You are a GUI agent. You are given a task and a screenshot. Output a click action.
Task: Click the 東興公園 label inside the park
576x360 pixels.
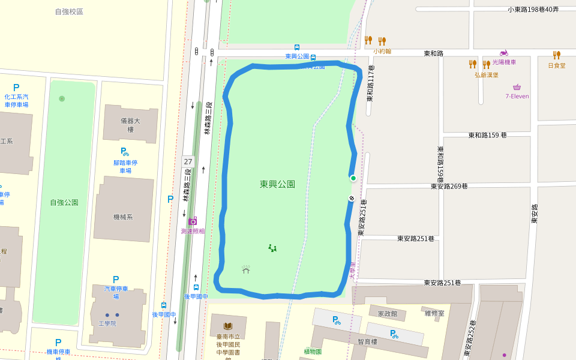(x=277, y=184)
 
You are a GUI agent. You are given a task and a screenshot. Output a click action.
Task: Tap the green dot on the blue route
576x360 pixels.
(x=353, y=178)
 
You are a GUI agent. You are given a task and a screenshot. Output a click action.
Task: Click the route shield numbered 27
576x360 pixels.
(x=188, y=161)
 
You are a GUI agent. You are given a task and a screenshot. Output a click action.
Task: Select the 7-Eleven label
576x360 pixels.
(x=517, y=96)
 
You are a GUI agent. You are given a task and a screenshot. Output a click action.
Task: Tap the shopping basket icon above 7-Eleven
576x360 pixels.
(x=517, y=87)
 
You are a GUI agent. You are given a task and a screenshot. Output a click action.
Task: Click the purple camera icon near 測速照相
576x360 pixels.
(x=193, y=221)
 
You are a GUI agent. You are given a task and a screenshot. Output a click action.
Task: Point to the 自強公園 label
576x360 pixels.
(x=64, y=202)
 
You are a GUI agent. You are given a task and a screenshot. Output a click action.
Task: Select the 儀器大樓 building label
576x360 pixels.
(x=130, y=125)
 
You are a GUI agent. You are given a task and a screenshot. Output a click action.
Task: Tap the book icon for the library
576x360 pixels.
(x=228, y=326)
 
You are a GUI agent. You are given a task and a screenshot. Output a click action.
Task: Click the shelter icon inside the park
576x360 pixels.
(x=246, y=269)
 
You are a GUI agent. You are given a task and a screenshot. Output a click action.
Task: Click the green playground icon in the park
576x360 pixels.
(x=272, y=248)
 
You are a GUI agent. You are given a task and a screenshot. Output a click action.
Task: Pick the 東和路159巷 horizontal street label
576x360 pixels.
(x=487, y=135)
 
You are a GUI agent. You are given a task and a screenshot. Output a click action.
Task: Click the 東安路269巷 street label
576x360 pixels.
(x=449, y=186)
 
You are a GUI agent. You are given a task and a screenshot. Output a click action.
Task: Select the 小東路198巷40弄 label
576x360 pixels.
(x=533, y=9)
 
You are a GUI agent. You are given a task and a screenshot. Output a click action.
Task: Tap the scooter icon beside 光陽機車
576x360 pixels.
(x=503, y=53)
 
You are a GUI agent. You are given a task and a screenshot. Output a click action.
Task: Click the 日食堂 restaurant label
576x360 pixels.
(x=556, y=65)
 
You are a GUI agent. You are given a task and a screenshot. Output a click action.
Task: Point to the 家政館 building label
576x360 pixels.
(x=387, y=313)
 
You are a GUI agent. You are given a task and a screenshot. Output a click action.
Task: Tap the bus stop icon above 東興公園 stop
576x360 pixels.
(x=297, y=47)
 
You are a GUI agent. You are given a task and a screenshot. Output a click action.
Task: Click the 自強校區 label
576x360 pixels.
(x=69, y=11)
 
